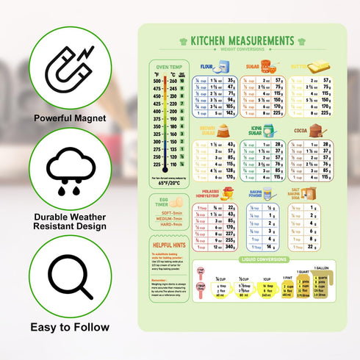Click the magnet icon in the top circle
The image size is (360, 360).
click(x=69, y=67)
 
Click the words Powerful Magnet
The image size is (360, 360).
click(x=70, y=118)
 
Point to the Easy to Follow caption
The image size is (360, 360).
click(x=70, y=327)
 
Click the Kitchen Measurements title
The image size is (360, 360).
click(x=242, y=40)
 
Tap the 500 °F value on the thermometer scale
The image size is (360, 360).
click(x=156, y=81)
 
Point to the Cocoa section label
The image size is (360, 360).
click(x=300, y=130)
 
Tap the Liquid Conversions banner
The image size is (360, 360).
click(x=264, y=259)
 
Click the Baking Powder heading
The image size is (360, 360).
click(x=256, y=195)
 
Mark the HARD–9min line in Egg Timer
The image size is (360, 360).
click(x=170, y=224)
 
